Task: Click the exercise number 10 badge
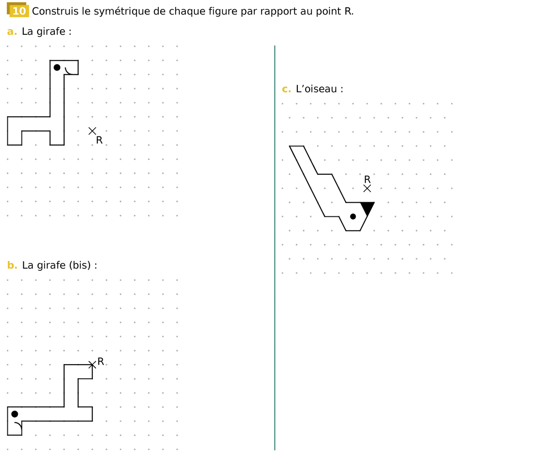coord(18,10)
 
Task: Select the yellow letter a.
coord(12,32)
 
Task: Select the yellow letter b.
coord(12,265)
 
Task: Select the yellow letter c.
coord(286,89)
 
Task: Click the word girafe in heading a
coord(51,32)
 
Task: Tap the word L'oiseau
coord(316,89)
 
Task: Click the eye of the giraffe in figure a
coord(57,67)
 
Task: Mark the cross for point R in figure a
coord(92,131)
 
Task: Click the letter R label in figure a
coord(99,140)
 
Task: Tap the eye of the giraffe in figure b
coord(15,414)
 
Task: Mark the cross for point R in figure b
coord(92,365)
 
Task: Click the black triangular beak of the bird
coord(367,207)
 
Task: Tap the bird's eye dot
coord(353,216)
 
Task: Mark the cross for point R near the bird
coord(367,188)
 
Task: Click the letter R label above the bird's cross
coord(367,179)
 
